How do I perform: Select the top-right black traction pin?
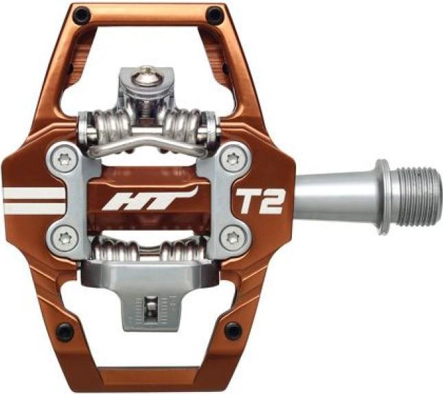coord(215,13)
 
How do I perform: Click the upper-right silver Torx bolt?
coord(231,160)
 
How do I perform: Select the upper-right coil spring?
coord(184,126)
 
